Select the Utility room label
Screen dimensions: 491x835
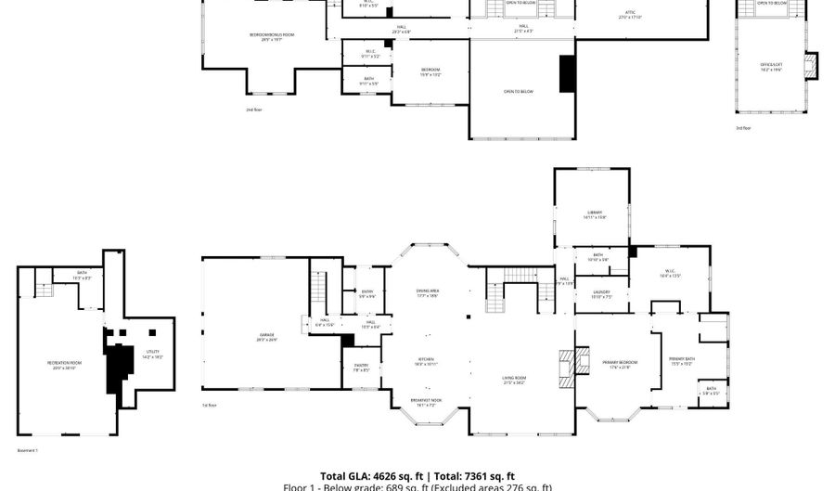tap(153, 353)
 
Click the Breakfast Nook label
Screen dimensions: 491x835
tap(427, 402)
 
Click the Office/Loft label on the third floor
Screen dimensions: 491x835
tap(772, 66)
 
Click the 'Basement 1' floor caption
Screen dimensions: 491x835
tap(28, 450)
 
